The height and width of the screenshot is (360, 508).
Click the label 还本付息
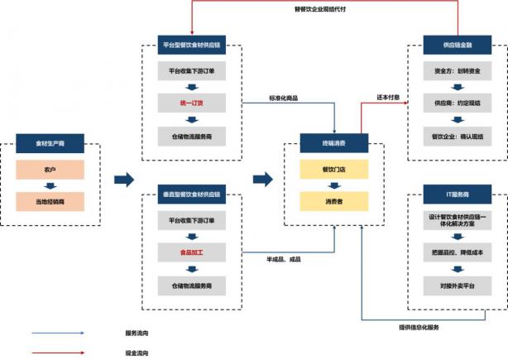pos(389,97)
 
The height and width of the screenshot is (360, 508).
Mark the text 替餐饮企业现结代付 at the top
pos(321,10)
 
